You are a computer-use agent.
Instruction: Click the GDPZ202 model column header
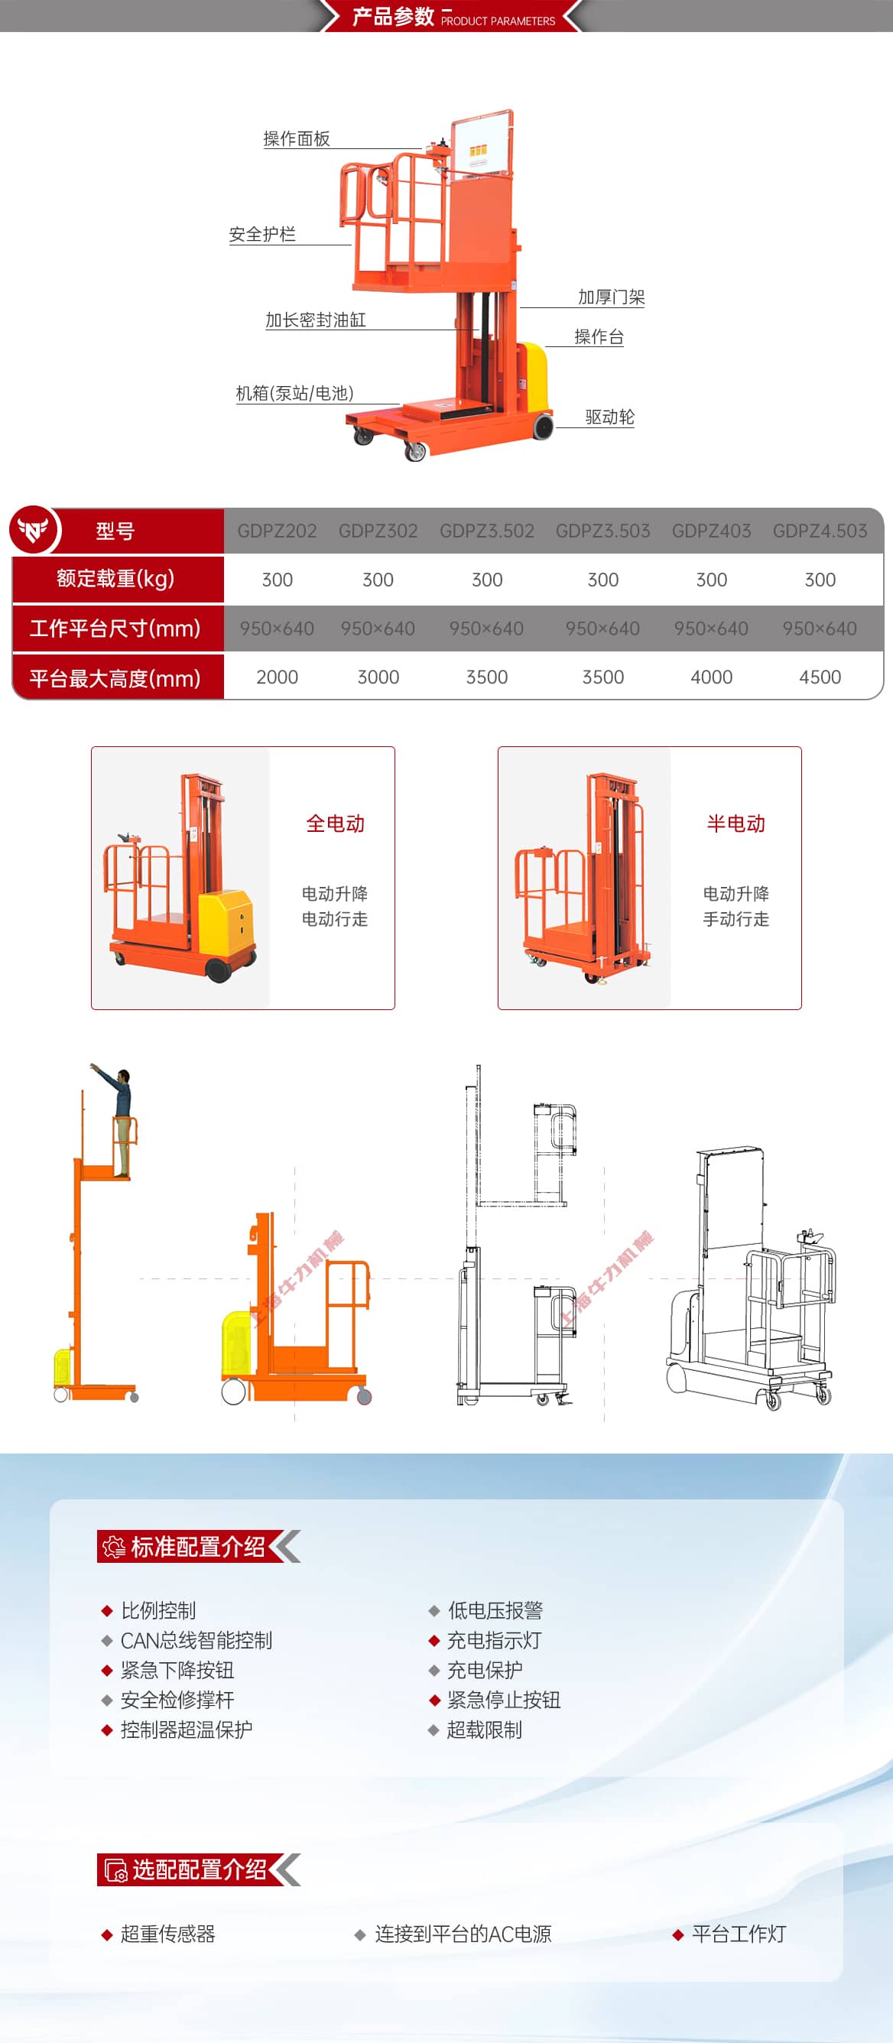[277, 531]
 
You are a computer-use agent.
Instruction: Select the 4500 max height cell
[820, 677]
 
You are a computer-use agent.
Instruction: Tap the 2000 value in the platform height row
[277, 677]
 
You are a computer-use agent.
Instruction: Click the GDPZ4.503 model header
[820, 531]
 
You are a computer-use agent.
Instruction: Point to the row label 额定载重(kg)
[115, 579]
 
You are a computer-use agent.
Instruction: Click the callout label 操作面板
[297, 139]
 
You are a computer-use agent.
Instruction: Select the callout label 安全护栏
[262, 234]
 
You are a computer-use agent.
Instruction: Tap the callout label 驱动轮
[610, 417]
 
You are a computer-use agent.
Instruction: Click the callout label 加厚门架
[612, 297]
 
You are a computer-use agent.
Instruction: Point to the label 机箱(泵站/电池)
[295, 393]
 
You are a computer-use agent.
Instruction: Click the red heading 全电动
[336, 824]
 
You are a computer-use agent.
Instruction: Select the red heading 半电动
[736, 824]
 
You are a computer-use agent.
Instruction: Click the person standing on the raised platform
[118, 1120]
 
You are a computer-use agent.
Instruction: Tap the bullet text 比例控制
[157, 1611]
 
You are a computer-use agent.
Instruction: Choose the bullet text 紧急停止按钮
[504, 1700]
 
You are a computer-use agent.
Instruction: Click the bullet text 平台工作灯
[739, 1934]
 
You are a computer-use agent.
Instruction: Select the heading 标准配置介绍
[198, 1547]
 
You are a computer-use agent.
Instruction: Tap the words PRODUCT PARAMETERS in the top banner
[498, 21]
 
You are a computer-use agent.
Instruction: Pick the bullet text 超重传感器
[167, 1934]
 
